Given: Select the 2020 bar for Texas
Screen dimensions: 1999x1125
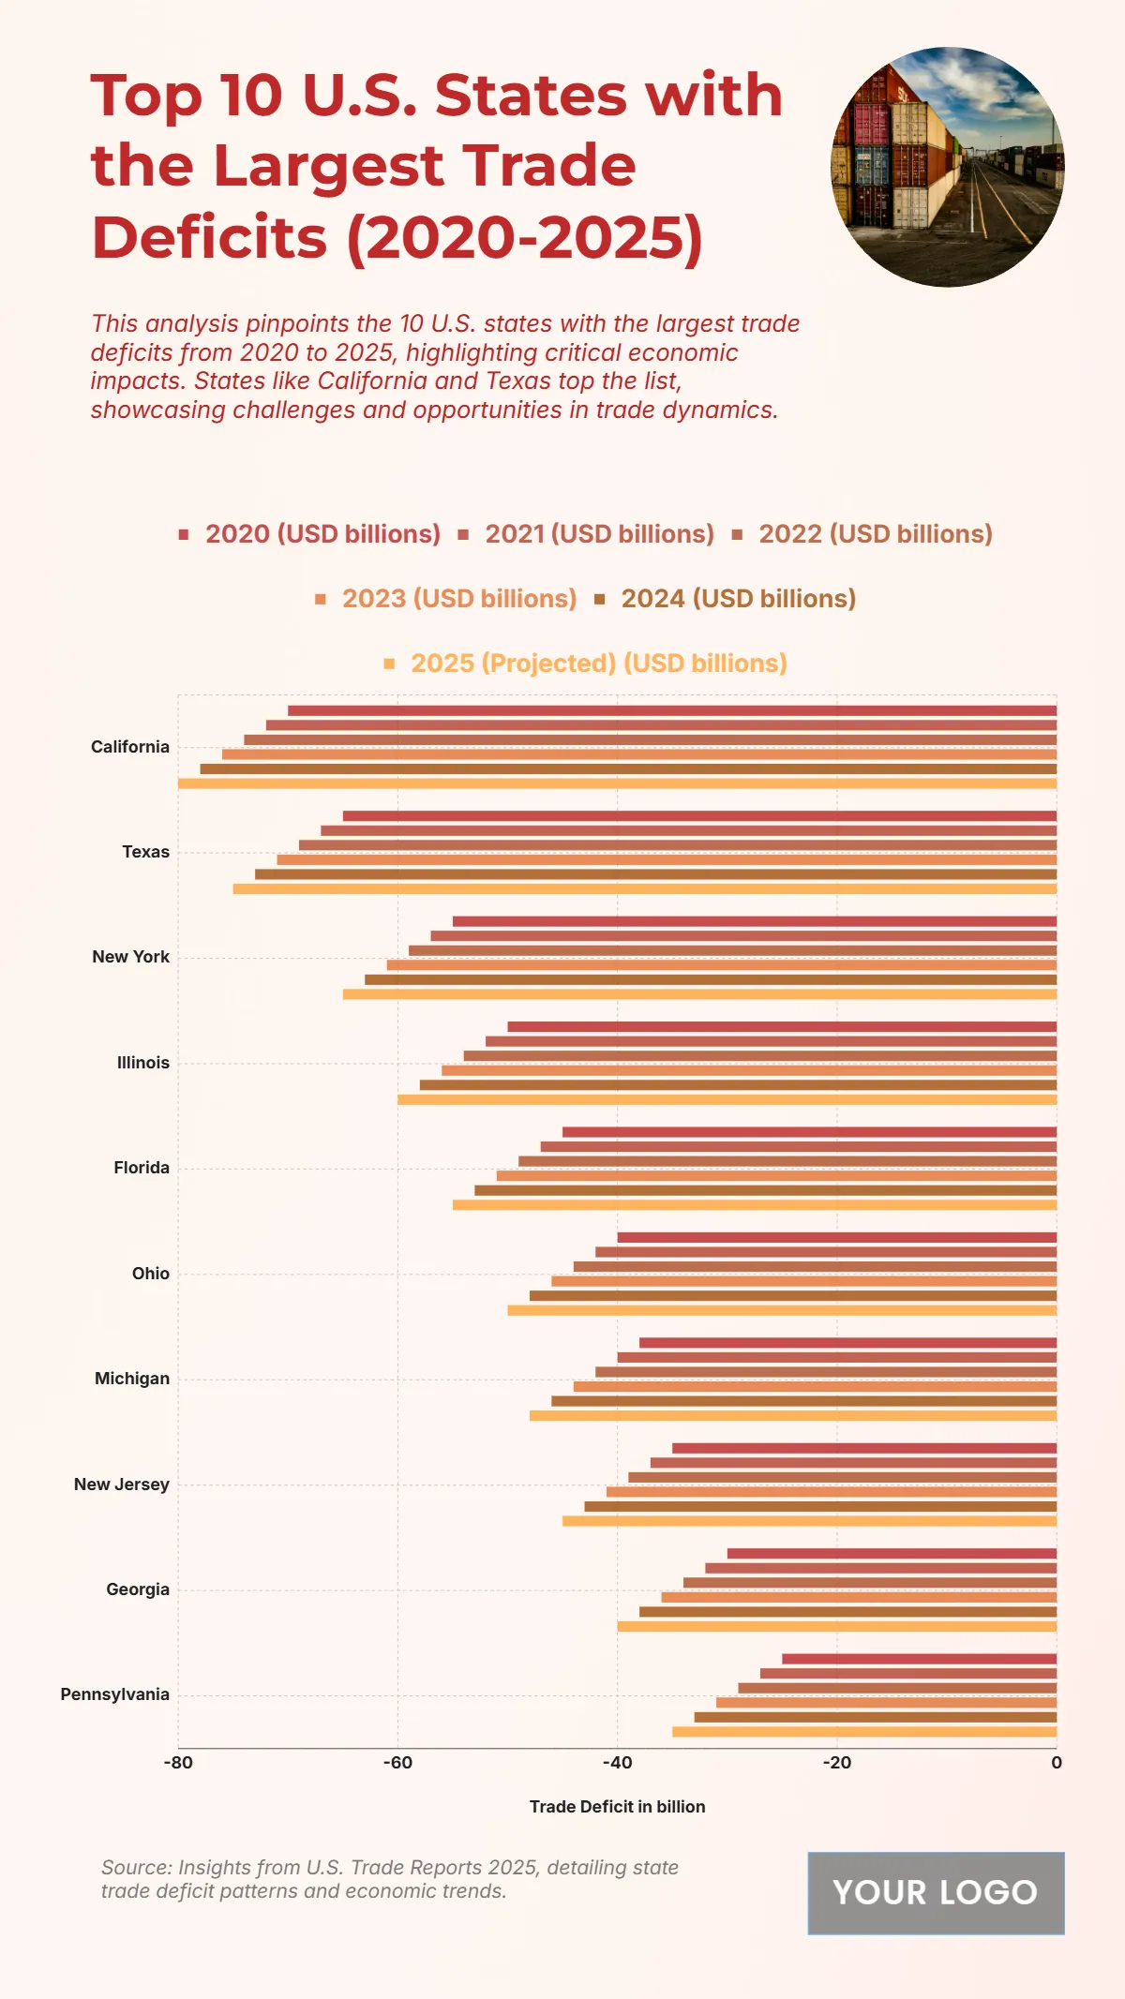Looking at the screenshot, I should [x=699, y=816].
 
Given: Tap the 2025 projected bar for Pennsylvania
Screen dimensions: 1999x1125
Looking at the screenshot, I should [x=864, y=1732].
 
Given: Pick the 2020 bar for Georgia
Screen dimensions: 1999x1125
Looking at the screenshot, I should [x=892, y=1554].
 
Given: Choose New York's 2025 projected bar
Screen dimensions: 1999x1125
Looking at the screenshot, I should [x=699, y=994].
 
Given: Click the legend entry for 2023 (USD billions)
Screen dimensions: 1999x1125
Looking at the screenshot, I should [x=446, y=599].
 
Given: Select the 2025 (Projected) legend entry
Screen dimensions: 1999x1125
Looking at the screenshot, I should [x=586, y=664].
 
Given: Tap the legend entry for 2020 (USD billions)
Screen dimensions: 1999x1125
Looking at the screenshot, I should [x=310, y=534].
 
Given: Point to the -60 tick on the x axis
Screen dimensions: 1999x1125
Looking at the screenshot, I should [x=397, y=1763].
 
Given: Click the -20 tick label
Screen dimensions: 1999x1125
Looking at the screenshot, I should [x=837, y=1763].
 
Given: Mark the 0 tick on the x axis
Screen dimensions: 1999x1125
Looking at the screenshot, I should [x=1057, y=1763].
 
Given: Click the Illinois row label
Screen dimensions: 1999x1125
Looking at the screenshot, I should [x=143, y=1063].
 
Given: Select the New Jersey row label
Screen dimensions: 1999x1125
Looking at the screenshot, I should [x=122, y=1484].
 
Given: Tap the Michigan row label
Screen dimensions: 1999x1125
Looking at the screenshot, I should [x=132, y=1379].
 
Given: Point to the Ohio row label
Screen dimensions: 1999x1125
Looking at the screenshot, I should [x=151, y=1274].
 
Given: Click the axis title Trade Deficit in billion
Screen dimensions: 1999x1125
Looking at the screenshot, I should [x=617, y=1807].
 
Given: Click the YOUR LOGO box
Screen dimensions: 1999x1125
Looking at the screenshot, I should [x=936, y=1893].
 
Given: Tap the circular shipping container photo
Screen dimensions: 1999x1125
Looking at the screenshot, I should [x=948, y=167].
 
